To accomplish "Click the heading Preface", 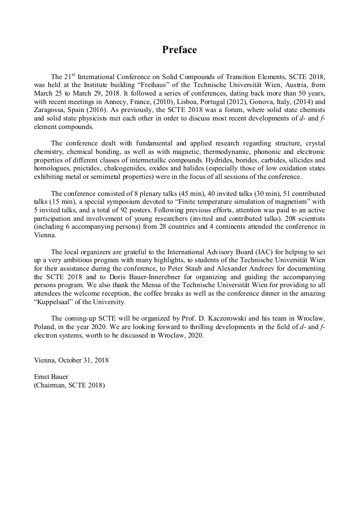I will [x=179, y=50].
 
